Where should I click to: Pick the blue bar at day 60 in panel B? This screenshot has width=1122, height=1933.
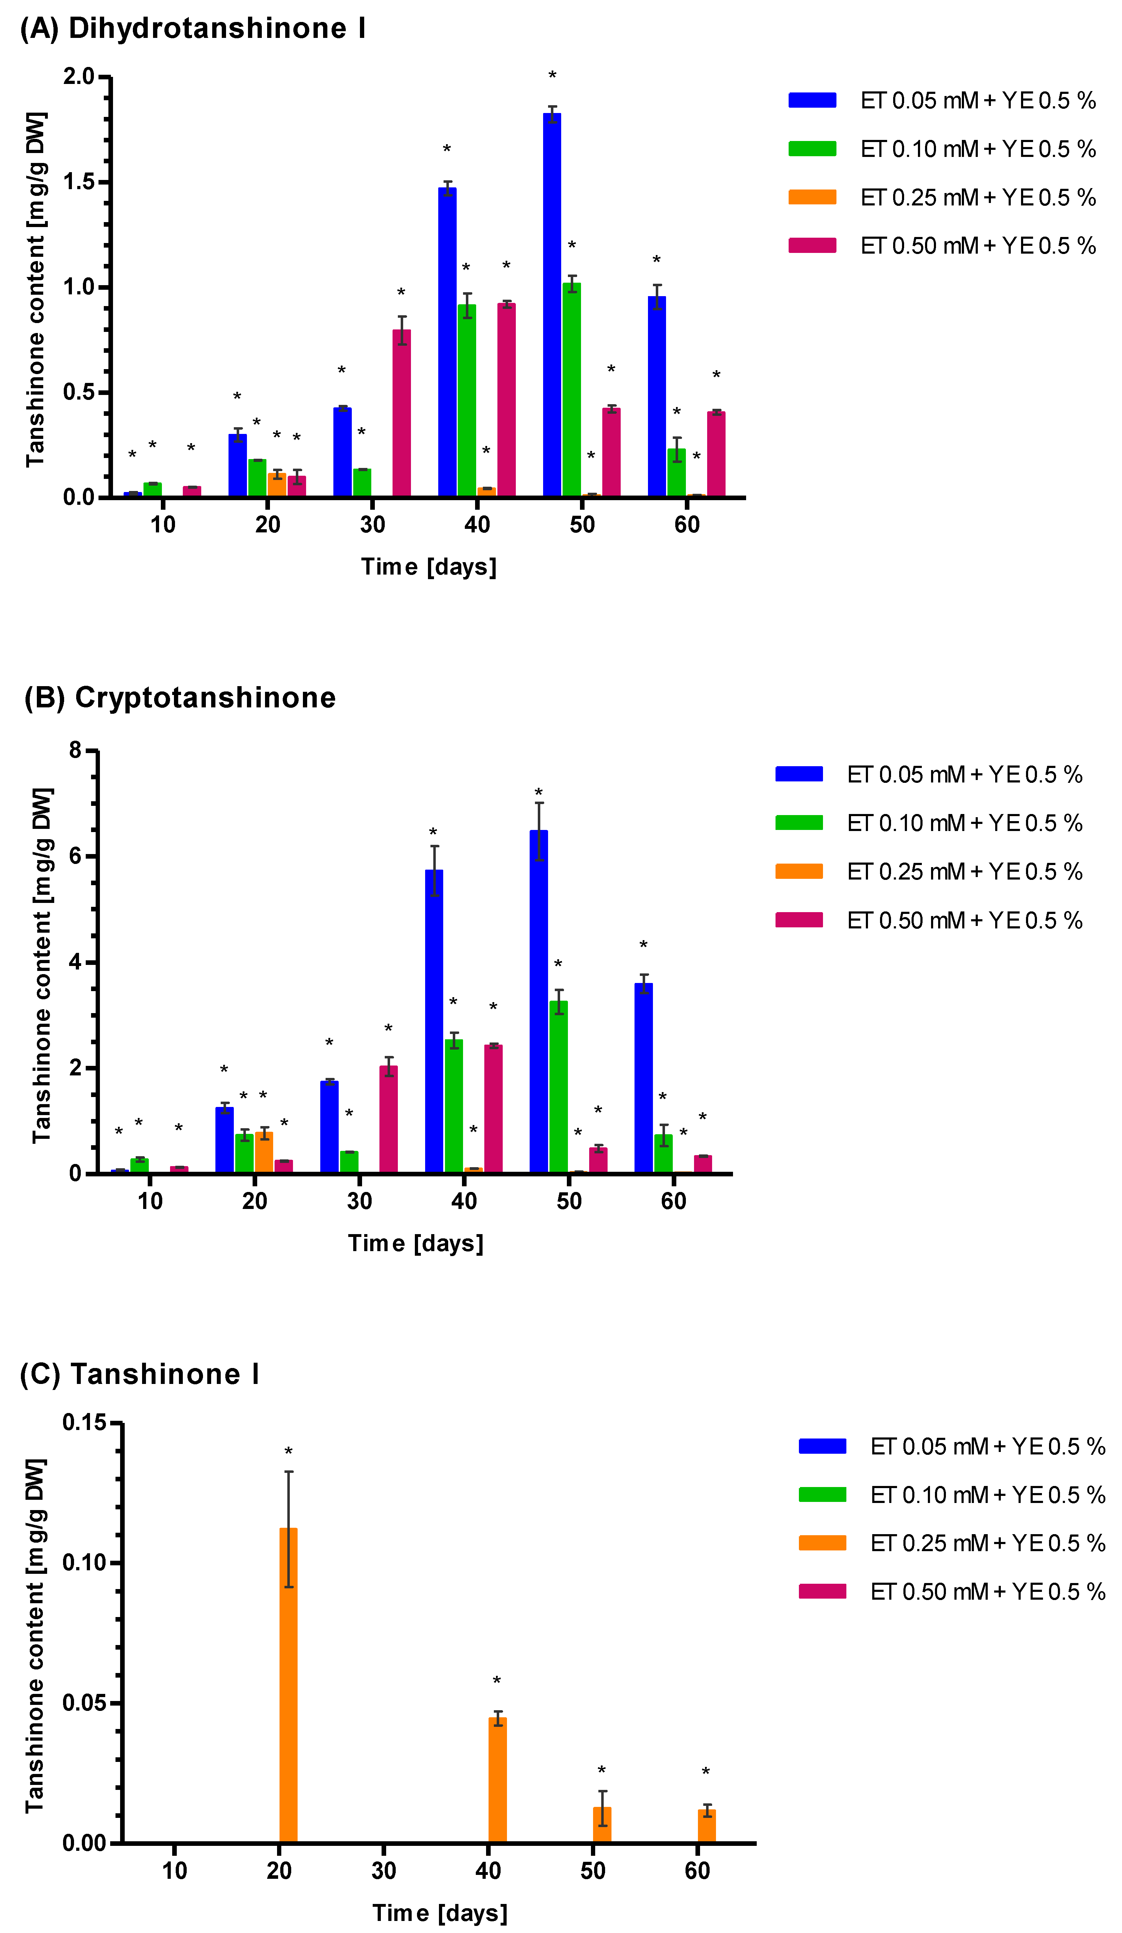coord(643,1078)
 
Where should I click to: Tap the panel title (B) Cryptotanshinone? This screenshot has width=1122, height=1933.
coord(180,697)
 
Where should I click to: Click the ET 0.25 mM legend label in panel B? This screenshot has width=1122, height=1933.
coord(964,871)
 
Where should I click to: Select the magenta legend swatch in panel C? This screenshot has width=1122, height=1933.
coord(822,1592)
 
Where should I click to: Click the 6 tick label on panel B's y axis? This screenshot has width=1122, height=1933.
coord(75,856)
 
